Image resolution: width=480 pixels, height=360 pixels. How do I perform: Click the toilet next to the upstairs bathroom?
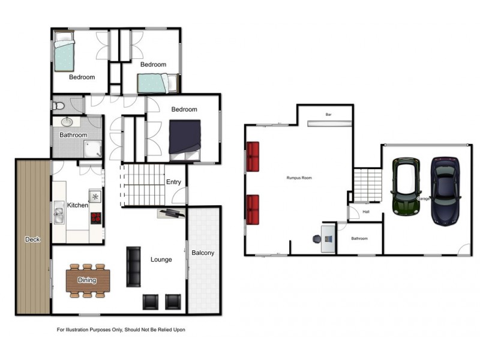click(58, 106)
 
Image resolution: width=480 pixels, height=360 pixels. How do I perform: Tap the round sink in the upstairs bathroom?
click(67, 122)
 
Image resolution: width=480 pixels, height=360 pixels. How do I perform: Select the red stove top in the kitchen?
click(96, 218)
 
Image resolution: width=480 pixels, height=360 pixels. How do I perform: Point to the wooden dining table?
click(88, 280)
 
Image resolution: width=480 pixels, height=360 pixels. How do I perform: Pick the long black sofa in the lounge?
click(133, 266)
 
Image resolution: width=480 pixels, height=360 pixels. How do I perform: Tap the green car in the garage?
click(406, 187)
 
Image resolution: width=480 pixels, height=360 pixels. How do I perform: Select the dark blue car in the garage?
click(445, 191)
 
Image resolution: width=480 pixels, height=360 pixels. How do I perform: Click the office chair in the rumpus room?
click(317, 239)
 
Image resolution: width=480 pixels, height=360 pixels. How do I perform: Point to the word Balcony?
click(203, 253)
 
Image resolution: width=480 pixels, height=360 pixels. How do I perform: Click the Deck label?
click(32, 239)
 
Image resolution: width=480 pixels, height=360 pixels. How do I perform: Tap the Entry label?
click(173, 182)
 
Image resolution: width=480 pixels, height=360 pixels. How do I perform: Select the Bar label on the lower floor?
click(328, 115)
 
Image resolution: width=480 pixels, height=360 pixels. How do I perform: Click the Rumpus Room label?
click(299, 178)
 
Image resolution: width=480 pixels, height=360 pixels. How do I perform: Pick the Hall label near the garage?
click(366, 212)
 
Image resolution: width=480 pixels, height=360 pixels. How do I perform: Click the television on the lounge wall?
click(172, 213)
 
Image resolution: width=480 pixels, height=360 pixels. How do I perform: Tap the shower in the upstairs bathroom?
click(92, 149)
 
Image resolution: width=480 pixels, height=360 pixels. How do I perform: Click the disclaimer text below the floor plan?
click(121, 329)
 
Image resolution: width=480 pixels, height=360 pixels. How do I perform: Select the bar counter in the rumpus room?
click(329, 124)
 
